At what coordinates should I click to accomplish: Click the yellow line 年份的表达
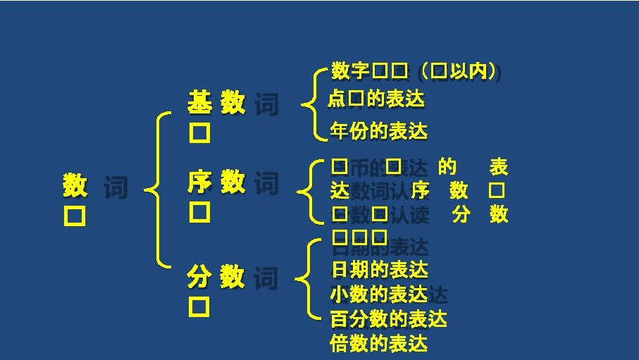pos(378,131)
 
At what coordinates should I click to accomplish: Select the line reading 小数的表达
pos(378,294)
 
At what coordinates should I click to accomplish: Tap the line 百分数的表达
pos(388,318)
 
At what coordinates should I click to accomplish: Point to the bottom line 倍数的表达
pos(378,344)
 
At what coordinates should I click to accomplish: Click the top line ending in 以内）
pos(415,71)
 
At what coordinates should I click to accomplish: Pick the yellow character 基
pos(199,104)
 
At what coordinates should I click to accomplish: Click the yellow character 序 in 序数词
pos(199,182)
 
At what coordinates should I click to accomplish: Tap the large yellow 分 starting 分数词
pos(199,277)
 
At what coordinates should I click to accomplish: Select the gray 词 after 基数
pos(266,105)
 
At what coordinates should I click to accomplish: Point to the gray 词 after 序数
pos(266,183)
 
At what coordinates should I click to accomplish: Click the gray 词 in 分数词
pos(266,278)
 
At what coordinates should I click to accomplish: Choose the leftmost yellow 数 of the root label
pos(75,187)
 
